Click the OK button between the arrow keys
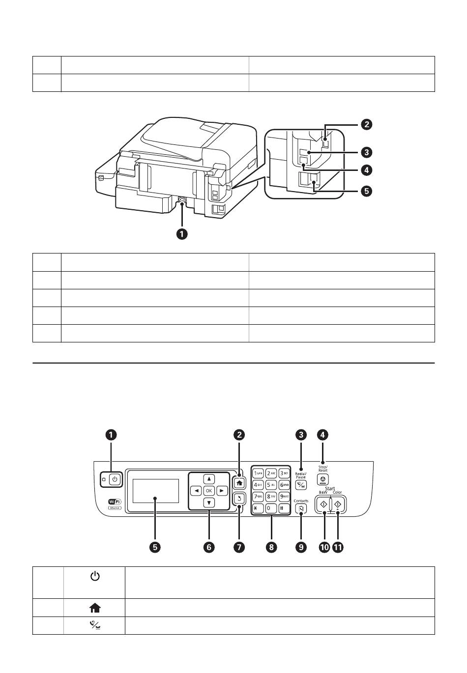click(x=209, y=490)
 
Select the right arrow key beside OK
click(x=222, y=490)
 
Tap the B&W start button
click(x=323, y=504)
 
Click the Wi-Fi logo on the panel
click(x=115, y=502)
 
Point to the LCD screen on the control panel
click(x=155, y=491)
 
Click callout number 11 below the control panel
click(x=338, y=547)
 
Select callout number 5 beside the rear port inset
click(x=366, y=191)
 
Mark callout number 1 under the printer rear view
click(x=182, y=234)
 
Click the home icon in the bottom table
click(x=94, y=608)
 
